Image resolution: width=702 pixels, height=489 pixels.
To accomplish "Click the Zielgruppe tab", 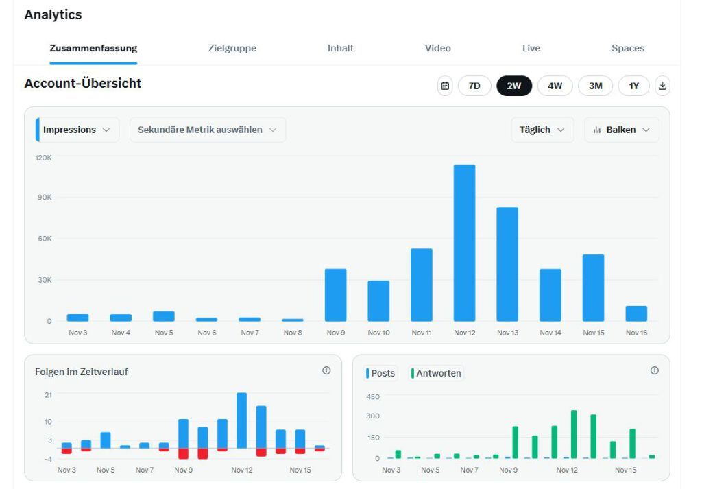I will (x=232, y=48).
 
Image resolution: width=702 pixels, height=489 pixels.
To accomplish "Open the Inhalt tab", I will (x=341, y=48).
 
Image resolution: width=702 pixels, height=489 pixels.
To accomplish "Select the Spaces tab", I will (x=627, y=48).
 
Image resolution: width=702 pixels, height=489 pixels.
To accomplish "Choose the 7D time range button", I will (x=474, y=86).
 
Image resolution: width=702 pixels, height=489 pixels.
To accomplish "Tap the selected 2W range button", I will (x=514, y=86).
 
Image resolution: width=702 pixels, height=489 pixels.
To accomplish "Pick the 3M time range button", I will (x=595, y=86).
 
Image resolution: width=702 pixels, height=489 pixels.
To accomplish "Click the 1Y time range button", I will (x=634, y=86).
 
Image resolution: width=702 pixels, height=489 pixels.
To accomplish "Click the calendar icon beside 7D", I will (x=445, y=86).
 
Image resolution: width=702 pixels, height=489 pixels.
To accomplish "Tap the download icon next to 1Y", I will (x=662, y=86).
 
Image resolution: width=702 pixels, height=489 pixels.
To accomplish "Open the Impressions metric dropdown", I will (x=77, y=130).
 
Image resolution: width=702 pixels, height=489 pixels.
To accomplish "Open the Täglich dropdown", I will (x=542, y=130).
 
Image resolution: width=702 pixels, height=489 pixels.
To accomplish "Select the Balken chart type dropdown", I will (x=622, y=130).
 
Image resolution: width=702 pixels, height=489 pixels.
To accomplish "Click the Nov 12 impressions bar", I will (x=464, y=243).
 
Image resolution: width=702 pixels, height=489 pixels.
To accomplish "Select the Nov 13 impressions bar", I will (x=507, y=264).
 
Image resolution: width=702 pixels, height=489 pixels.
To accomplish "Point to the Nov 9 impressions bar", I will (x=335, y=295).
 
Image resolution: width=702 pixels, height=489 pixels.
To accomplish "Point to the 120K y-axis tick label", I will (x=44, y=158).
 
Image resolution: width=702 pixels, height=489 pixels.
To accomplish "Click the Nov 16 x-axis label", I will (x=636, y=333).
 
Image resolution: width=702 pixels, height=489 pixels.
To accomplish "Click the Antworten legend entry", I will (x=437, y=373).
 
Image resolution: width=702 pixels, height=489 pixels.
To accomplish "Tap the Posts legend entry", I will (x=381, y=373).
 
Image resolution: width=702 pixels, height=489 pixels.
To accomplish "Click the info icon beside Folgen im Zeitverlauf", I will (x=326, y=370).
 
